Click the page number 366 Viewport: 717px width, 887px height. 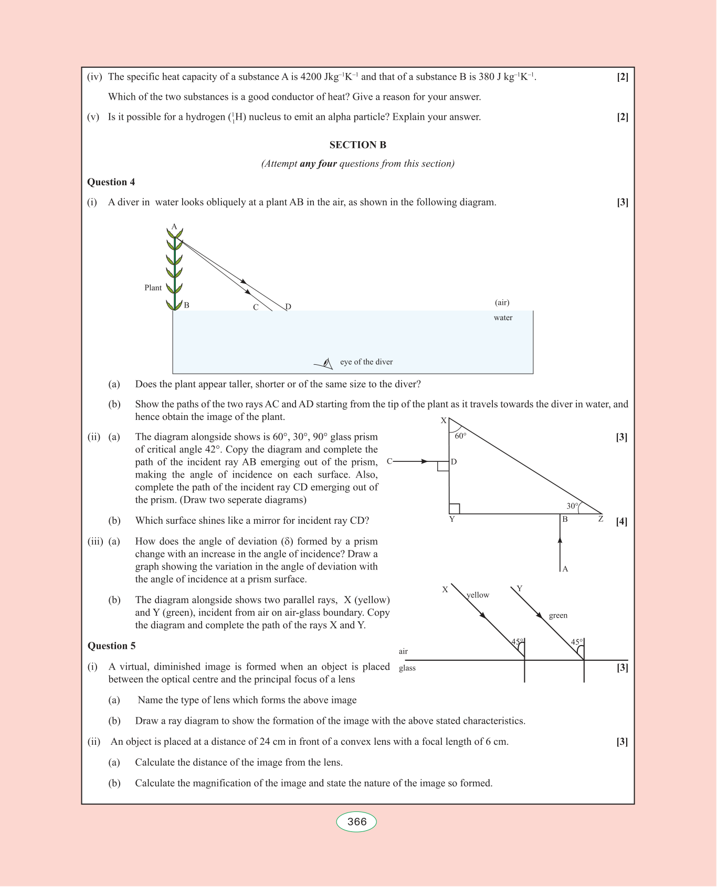point(357,822)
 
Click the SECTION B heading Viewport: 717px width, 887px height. point(357,145)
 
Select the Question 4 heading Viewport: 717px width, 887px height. point(111,182)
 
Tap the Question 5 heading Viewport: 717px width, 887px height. point(111,646)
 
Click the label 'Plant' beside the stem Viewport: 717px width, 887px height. point(153,288)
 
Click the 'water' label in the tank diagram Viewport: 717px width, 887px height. point(503,318)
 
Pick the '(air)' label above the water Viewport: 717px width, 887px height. point(502,302)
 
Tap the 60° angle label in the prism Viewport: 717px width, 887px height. point(460,436)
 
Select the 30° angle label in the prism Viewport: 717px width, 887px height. point(572,506)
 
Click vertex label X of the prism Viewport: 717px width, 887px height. point(444,420)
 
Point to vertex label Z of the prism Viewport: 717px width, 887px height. point(601,520)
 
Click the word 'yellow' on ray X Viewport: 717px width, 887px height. point(478,595)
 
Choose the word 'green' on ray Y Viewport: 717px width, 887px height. point(558,616)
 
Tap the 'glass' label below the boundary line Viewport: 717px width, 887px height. point(407,668)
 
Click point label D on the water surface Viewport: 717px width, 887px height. point(288,307)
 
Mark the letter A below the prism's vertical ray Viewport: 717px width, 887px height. point(565,569)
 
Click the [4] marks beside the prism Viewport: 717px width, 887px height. point(621,521)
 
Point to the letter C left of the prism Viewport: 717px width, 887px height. point(389,462)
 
